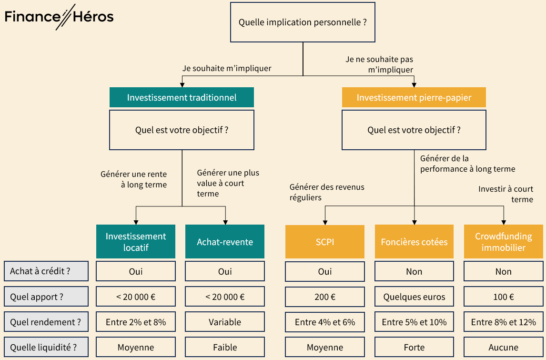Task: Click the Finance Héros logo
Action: click(59, 17)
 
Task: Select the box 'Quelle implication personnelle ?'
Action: click(303, 22)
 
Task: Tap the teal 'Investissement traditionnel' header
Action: click(182, 97)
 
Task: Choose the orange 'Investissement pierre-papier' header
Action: click(414, 97)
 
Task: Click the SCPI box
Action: click(325, 242)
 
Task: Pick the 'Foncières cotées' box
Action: click(414, 242)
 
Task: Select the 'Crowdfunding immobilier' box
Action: click(503, 242)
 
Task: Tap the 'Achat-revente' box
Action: click(225, 242)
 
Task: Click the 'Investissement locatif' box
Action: click(136, 242)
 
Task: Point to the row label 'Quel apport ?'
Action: click(46, 297)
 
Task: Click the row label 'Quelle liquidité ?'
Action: click(46, 348)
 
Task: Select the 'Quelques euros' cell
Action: click(414, 297)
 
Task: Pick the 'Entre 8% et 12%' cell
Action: click(503, 322)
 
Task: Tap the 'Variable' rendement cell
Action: click(225, 322)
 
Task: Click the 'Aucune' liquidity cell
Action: click(503, 348)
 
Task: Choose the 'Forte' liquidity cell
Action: click(414, 348)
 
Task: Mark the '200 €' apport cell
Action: click(325, 297)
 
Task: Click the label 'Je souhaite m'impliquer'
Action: click(227, 68)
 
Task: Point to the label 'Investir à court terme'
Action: click(506, 194)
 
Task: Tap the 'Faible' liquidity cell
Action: click(225, 348)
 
